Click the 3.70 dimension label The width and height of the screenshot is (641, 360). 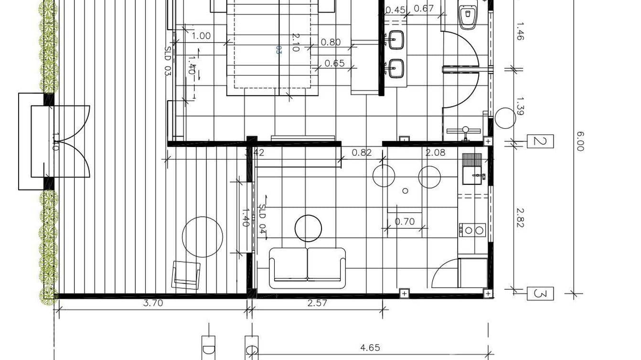pyautogui.click(x=153, y=303)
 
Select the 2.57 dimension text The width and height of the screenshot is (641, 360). pyautogui.click(x=317, y=303)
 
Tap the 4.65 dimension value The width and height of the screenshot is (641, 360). pyautogui.click(x=370, y=348)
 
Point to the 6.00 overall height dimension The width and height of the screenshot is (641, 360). pyautogui.click(x=580, y=141)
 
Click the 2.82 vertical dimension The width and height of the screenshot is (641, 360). pyautogui.click(x=520, y=217)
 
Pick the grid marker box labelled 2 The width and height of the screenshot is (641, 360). pyautogui.click(x=540, y=141)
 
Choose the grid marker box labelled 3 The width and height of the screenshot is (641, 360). pyautogui.click(x=540, y=294)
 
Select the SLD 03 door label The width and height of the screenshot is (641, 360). pyautogui.click(x=168, y=61)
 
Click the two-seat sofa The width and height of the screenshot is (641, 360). pyautogui.click(x=307, y=267)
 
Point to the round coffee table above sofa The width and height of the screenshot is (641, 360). pyautogui.click(x=308, y=228)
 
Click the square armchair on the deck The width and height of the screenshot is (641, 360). pyautogui.click(x=186, y=275)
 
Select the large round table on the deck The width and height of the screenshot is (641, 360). pyautogui.click(x=203, y=237)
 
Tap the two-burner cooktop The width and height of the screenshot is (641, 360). pyautogui.click(x=472, y=230)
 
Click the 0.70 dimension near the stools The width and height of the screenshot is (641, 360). pyautogui.click(x=405, y=222)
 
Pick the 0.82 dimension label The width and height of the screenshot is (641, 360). pyautogui.click(x=362, y=152)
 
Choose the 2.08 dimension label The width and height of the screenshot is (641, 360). pyautogui.click(x=435, y=152)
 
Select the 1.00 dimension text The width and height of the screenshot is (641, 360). pyautogui.click(x=201, y=36)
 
